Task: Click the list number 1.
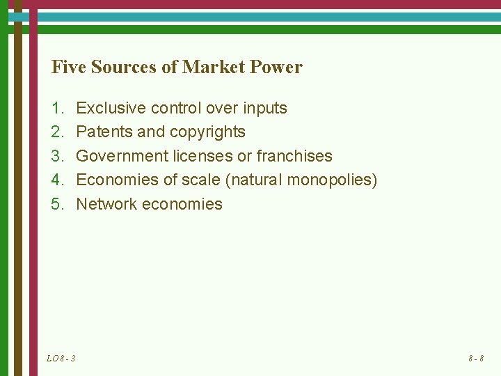point(56,108)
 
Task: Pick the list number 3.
point(56,156)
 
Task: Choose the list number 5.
point(56,204)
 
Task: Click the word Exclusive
point(106,108)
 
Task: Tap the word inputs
point(264,108)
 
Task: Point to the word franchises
point(294,156)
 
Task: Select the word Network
point(106,204)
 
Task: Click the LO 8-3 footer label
point(61,359)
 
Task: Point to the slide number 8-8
point(476,359)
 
